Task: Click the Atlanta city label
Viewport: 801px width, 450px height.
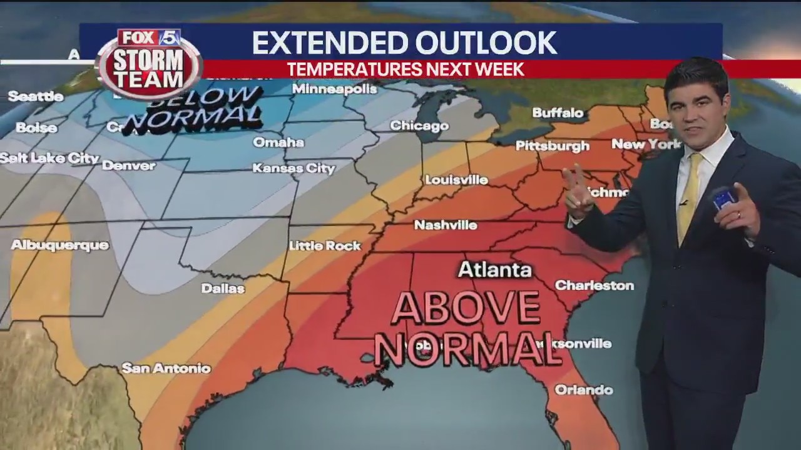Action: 494,269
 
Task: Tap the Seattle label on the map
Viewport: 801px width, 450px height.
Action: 36,96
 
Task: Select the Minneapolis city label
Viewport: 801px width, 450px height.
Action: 335,89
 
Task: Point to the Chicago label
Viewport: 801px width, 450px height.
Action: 419,126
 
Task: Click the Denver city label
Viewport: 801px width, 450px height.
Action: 128,166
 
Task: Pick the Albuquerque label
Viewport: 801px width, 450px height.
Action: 60,245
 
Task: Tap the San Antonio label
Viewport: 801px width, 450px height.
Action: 166,368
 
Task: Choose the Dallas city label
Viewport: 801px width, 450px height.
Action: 223,289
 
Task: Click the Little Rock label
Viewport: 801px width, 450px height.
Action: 325,246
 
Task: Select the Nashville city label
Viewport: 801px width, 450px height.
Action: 446,225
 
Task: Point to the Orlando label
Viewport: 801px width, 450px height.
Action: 583,390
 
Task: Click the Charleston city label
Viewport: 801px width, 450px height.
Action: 594,286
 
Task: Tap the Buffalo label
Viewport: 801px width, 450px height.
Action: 558,113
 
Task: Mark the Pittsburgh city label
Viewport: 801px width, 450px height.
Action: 552,146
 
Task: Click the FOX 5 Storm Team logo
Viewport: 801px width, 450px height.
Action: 150,62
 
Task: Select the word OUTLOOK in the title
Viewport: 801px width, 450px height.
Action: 486,42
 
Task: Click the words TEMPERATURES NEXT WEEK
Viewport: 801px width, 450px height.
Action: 406,69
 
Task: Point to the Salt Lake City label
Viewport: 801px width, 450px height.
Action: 49,158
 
